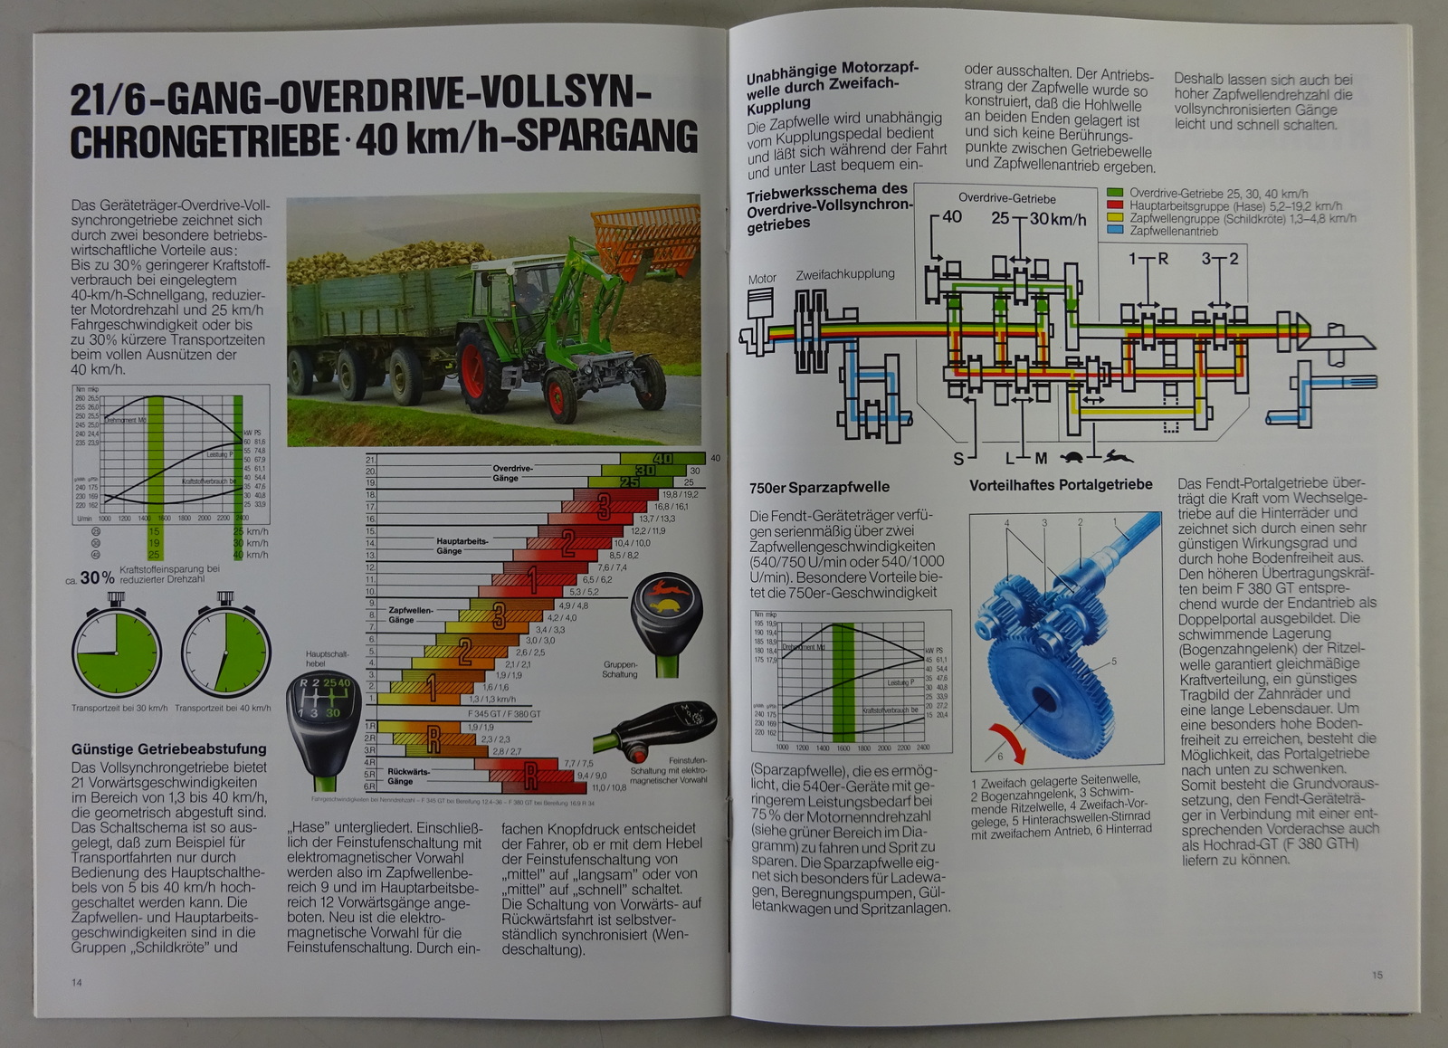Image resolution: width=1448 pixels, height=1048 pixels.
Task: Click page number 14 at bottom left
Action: click(x=77, y=982)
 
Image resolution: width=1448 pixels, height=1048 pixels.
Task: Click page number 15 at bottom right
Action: click(x=1377, y=975)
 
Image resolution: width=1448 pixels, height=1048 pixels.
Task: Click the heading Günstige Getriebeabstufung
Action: click(x=169, y=749)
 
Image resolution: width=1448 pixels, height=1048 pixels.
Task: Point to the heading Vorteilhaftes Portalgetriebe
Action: click(x=1061, y=485)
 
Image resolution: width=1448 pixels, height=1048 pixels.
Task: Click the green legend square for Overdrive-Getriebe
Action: click(x=1115, y=194)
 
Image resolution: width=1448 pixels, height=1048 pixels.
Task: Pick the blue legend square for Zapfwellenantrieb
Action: click(x=1115, y=231)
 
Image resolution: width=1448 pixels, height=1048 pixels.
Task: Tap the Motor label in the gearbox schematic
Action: click(x=762, y=279)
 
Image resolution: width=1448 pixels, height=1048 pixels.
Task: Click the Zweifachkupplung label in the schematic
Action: click(x=845, y=274)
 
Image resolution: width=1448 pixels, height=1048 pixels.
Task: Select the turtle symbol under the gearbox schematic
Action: click(x=1074, y=458)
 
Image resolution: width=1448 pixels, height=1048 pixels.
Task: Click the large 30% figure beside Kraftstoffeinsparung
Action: click(x=97, y=577)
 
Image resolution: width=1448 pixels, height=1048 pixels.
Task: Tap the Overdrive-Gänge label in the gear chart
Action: click(x=512, y=473)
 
